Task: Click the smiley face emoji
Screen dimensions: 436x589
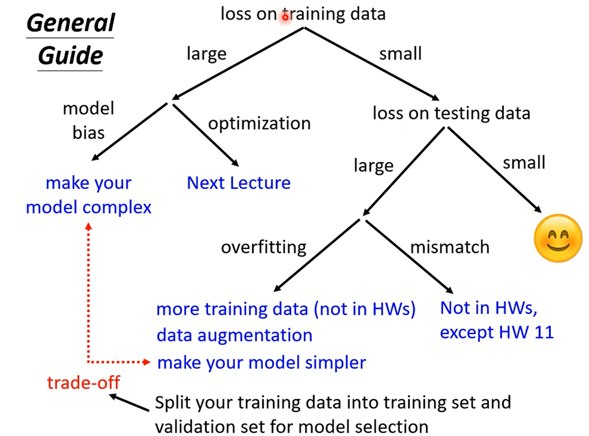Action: [x=558, y=238]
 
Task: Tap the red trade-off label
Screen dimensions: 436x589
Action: [x=83, y=383]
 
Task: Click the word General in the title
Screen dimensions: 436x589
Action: [x=71, y=23]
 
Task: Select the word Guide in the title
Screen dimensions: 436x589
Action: [x=70, y=56]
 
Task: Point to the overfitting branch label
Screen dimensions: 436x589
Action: [x=264, y=247]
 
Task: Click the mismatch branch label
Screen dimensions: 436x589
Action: [x=450, y=247]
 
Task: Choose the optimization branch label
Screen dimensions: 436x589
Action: [x=259, y=124]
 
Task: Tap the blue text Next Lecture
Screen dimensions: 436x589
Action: [x=239, y=183]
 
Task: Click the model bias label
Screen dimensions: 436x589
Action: [x=88, y=121]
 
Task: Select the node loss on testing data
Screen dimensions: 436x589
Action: [x=451, y=113]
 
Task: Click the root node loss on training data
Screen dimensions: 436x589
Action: [x=303, y=14]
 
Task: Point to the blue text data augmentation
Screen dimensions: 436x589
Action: [x=234, y=335]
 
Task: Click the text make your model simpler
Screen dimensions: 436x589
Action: [x=261, y=363]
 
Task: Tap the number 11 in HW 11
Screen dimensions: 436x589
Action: [x=544, y=333]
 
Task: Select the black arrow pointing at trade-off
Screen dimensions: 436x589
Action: [x=129, y=403]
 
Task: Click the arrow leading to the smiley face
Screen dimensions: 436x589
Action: [x=494, y=169]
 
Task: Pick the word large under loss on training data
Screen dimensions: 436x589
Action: [x=206, y=54]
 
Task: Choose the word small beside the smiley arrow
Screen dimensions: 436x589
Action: [x=524, y=163]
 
